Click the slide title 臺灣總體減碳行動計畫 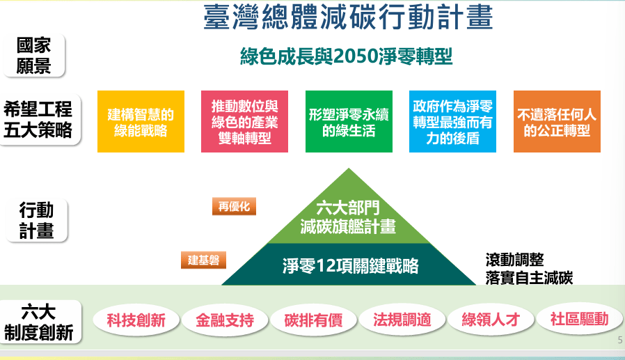point(349,17)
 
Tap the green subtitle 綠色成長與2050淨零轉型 point(347,56)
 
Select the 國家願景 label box point(34,56)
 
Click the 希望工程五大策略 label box point(39,119)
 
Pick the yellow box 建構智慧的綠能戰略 point(141,122)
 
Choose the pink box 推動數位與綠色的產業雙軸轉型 point(244,122)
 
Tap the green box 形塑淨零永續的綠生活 point(349,122)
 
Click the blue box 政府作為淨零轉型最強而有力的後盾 point(452,122)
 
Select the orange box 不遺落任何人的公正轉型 point(557,122)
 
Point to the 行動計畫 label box point(37,221)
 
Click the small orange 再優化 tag point(234,207)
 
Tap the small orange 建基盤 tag point(203,260)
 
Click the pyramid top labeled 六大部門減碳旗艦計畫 point(349,215)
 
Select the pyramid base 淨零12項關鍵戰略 point(349,265)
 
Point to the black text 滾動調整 point(514,260)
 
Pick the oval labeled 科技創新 point(136,320)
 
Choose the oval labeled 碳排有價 point(313,320)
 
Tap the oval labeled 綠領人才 point(491,320)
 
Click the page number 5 point(620,340)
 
